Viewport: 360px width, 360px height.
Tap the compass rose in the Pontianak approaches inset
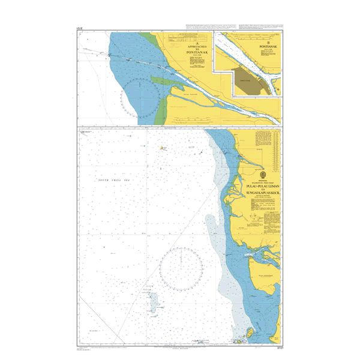pyautogui.click(x=140, y=96)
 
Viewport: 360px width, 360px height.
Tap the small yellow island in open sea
pyautogui.click(x=163, y=146)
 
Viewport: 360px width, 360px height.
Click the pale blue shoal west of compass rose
pyautogui.click(x=153, y=300)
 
